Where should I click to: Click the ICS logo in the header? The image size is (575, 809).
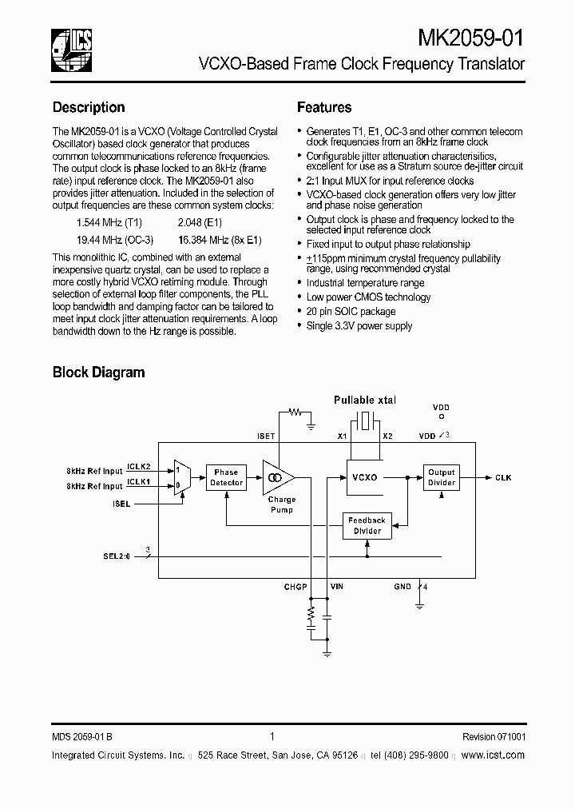pyautogui.click(x=72, y=46)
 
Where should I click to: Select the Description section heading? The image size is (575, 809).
pyautogui.click(x=89, y=107)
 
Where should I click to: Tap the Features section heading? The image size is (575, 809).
pyautogui.click(x=324, y=107)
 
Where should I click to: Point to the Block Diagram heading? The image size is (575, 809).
pyautogui.click(x=98, y=372)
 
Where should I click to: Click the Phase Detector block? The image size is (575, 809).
pyautogui.click(x=226, y=477)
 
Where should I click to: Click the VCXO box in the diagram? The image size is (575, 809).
pyautogui.click(x=364, y=477)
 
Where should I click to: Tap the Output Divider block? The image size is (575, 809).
pyautogui.click(x=441, y=477)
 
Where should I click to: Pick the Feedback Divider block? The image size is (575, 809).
pyautogui.click(x=367, y=525)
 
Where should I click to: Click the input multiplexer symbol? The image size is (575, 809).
pyautogui.click(x=181, y=477)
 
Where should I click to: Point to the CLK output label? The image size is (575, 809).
pyautogui.click(x=503, y=477)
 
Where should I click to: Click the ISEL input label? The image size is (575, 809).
pyautogui.click(x=121, y=504)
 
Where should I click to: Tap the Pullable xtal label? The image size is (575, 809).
pyautogui.click(x=365, y=400)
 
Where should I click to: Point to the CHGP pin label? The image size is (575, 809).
pyautogui.click(x=295, y=587)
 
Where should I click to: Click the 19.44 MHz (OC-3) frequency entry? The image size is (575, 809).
pyautogui.click(x=115, y=240)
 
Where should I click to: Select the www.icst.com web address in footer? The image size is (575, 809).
pyautogui.click(x=493, y=755)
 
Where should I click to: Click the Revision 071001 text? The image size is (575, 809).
pyautogui.click(x=494, y=737)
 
